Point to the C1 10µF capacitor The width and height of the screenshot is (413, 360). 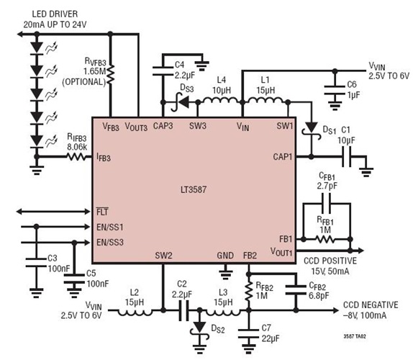[x=344, y=156]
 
